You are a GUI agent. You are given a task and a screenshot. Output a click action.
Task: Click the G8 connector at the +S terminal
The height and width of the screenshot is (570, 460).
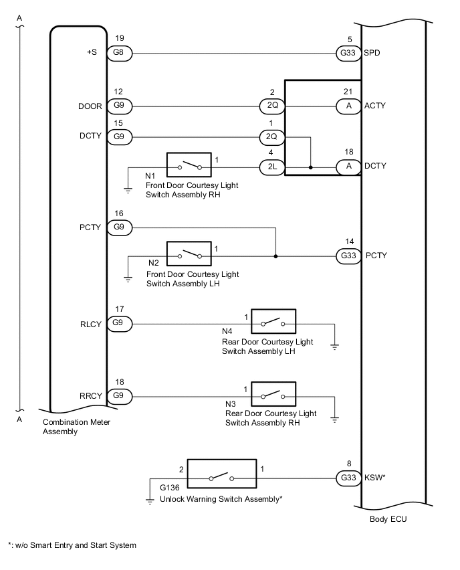coord(120,52)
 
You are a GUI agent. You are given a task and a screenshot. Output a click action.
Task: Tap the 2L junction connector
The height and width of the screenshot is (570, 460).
coord(272,166)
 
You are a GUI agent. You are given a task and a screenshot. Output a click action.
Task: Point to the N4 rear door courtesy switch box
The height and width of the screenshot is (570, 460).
coord(273,324)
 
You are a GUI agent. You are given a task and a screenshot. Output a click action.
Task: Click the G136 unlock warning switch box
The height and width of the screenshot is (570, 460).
coord(222,478)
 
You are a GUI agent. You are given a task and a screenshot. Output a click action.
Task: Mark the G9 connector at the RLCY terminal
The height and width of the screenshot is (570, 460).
coord(120,324)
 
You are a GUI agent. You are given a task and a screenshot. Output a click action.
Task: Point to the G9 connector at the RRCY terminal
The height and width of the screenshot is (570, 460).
coord(120,395)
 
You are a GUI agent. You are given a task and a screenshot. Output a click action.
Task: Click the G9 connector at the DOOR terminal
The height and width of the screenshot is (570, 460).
coord(120,106)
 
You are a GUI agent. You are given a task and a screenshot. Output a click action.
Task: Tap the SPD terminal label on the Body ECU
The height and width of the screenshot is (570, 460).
coord(374,52)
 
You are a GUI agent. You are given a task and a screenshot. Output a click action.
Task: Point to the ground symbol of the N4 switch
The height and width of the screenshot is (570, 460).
coord(334,345)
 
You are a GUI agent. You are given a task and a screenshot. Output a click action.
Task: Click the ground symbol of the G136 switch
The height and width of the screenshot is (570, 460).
coord(150,500)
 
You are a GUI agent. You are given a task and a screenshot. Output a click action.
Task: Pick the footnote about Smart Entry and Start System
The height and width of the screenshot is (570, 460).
coord(72,545)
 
